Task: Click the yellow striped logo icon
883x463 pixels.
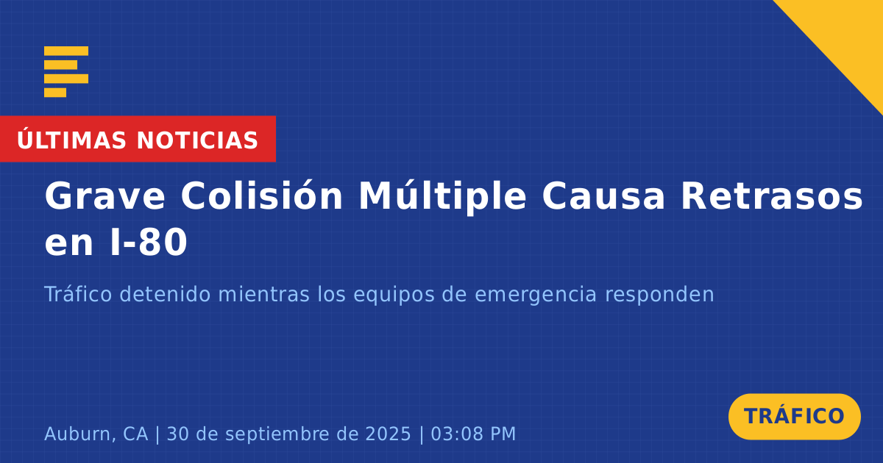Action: (66, 72)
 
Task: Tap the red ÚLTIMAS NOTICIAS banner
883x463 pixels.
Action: (138, 139)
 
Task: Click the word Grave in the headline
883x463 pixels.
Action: (104, 196)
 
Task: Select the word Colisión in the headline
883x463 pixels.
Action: (262, 195)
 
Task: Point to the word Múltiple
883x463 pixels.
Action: (442, 197)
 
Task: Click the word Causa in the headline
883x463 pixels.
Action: (603, 196)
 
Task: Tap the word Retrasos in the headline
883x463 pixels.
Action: (772, 196)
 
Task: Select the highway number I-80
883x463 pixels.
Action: (149, 241)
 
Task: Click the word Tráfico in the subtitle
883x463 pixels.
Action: (78, 294)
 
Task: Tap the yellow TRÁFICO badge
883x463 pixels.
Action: (794, 417)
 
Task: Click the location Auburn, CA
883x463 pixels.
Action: (96, 434)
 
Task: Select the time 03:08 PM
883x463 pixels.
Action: (473, 434)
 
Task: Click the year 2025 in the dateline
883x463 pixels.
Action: (389, 434)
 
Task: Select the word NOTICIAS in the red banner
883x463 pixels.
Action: (197, 140)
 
